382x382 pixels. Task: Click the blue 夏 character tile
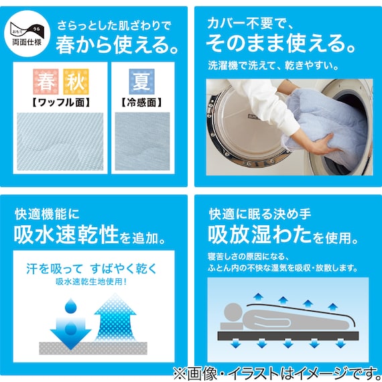(x=141, y=82)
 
